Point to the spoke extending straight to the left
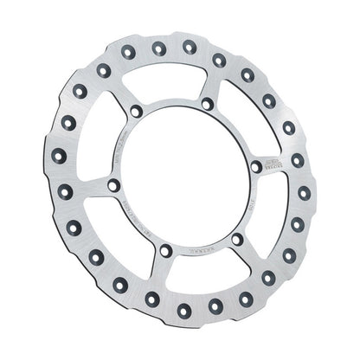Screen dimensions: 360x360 tap(87, 186)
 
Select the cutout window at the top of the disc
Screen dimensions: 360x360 tap(173, 82)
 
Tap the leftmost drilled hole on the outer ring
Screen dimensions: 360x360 tap(58, 156)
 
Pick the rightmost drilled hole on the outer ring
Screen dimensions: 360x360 tap(299, 191)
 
